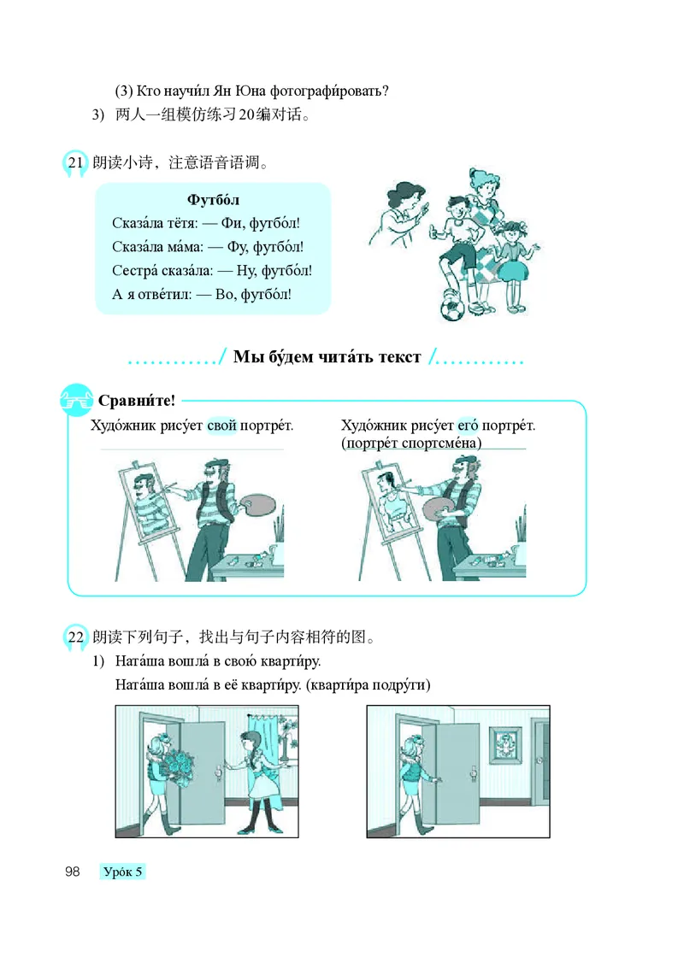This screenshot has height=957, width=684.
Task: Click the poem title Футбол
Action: [x=213, y=200]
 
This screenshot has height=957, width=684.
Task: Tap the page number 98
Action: [x=72, y=872]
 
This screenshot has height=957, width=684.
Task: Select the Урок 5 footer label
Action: [x=123, y=872]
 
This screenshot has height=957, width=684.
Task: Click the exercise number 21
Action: [x=75, y=162]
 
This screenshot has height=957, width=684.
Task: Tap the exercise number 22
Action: [x=75, y=637]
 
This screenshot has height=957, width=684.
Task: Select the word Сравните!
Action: [x=137, y=400]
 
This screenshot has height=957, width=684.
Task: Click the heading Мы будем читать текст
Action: [x=327, y=357]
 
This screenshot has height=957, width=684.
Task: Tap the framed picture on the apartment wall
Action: [x=506, y=748]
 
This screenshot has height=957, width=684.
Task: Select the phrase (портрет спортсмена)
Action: [x=411, y=443]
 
